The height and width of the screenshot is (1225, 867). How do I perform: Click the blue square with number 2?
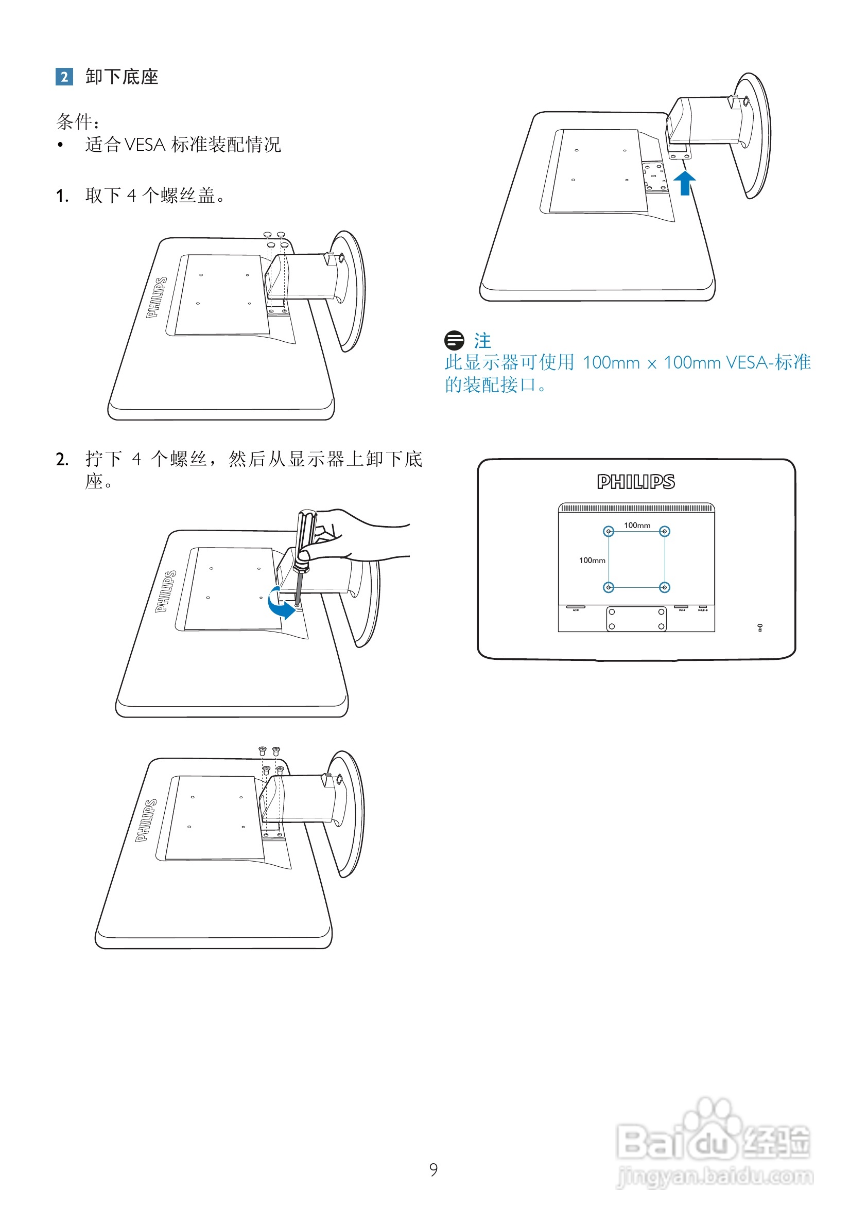coord(64,77)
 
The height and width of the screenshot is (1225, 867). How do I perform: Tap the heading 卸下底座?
coord(122,77)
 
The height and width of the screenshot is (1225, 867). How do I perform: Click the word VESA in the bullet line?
coord(145,145)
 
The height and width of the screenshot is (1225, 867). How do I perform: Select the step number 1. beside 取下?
coord(62,196)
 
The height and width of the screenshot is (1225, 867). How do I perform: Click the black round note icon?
coord(454,340)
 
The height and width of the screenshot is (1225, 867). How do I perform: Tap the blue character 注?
coord(482,341)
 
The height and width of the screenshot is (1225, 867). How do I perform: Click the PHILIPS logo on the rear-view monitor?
coord(636,482)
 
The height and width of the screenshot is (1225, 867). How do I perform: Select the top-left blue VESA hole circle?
coord(609,532)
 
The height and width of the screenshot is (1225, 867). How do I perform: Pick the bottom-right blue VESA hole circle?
coord(665,588)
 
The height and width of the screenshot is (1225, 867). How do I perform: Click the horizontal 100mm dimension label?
coord(637,525)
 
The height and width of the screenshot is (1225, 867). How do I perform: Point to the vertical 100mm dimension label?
coord(592,561)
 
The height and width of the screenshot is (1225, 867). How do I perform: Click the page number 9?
coord(433,1169)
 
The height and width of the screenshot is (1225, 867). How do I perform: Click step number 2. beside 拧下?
coord(62,460)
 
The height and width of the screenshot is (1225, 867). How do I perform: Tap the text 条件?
coord(78,122)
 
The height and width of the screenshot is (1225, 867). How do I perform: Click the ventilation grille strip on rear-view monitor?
coord(636,508)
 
